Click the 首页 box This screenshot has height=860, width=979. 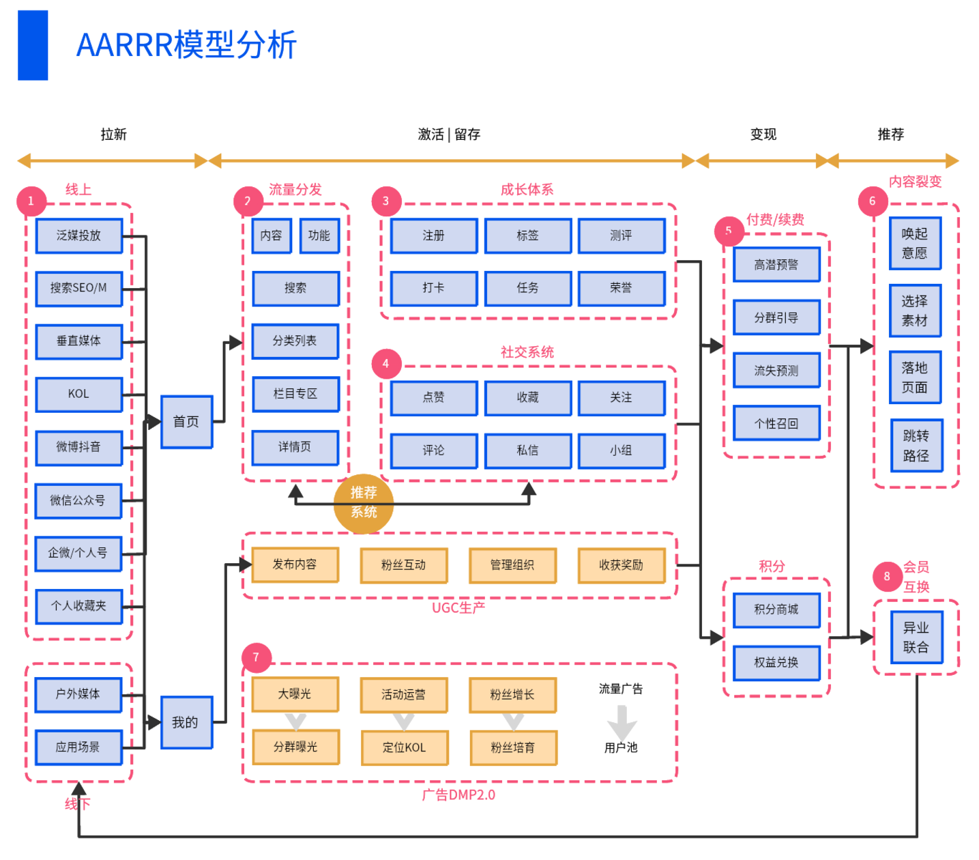coord(186,422)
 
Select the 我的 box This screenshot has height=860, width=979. coord(186,722)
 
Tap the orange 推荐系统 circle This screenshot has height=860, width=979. coord(364,502)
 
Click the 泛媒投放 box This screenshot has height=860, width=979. coord(78,235)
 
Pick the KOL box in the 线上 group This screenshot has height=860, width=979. coord(78,394)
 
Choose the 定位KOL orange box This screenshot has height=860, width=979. coord(404,747)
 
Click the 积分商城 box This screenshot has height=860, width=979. coord(776,610)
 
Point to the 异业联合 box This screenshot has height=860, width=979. coord(916,637)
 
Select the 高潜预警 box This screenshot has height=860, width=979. coord(776,265)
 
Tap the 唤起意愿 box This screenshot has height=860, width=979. coord(915,244)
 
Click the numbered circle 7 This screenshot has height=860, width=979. coord(256,657)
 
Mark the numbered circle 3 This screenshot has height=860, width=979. coord(386,201)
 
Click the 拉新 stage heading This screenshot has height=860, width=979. coord(114,134)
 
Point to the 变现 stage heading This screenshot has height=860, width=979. coord(763,134)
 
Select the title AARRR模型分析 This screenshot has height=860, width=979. coord(186,45)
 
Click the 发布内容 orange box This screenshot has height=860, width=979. coord(295,564)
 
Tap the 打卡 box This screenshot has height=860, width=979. coord(433,288)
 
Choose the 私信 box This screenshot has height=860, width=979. coord(527,450)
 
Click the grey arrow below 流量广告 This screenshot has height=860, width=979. coord(622,721)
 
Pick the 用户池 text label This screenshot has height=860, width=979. coord(621,747)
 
